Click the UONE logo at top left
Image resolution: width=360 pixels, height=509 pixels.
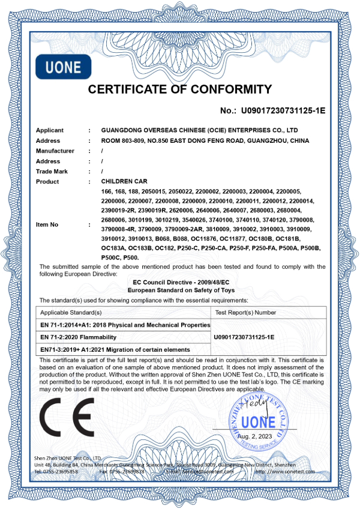(62, 66)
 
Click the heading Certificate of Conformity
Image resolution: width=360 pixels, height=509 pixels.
(180, 90)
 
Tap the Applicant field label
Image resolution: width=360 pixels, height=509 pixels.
(50, 130)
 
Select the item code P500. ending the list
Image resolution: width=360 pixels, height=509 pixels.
(130, 258)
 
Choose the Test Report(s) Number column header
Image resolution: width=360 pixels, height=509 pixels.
(245, 313)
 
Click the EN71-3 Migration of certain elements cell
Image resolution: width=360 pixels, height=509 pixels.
(115, 349)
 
